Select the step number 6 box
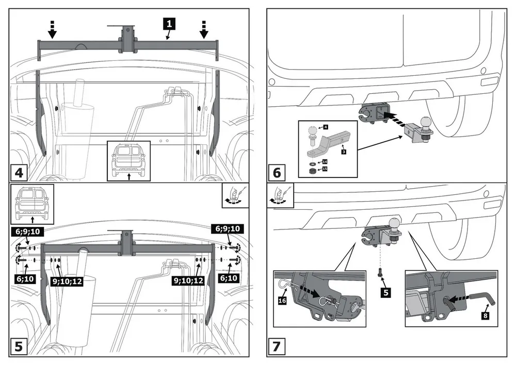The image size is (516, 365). click(277, 171)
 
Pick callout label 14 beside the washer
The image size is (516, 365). click(325, 161)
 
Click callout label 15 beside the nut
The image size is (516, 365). click(325, 169)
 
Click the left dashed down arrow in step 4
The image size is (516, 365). click(52, 30)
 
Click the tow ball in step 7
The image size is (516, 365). click(395, 223)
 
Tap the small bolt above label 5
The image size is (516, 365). click(381, 274)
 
